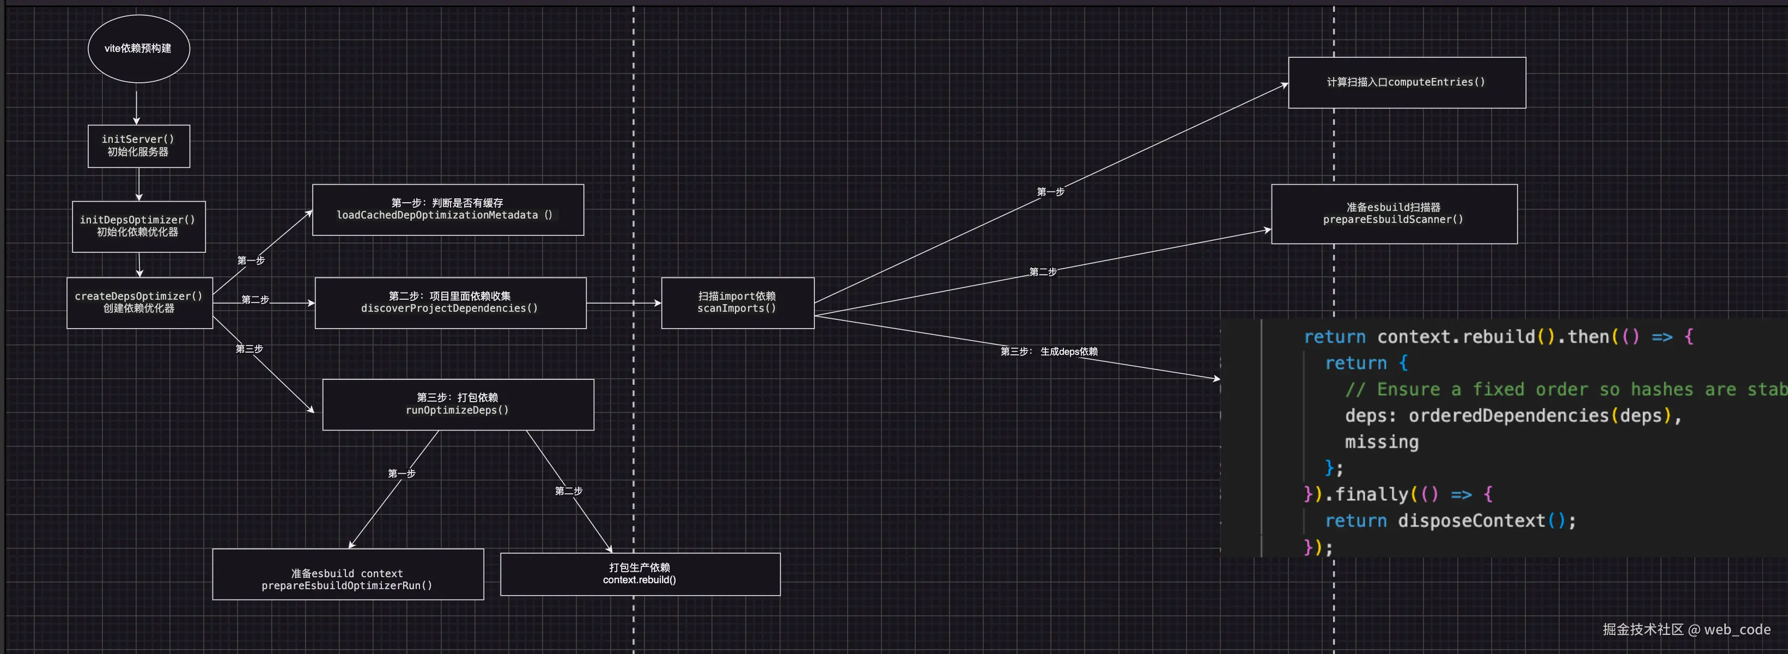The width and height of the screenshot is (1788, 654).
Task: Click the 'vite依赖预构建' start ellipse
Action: click(139, 49)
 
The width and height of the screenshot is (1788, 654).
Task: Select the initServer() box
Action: click(139, 146)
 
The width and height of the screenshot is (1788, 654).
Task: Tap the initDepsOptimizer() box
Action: click(139, 226)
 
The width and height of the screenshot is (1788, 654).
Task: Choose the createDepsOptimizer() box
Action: click(139, 302)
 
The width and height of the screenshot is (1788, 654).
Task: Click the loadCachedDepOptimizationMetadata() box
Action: click(448, 210)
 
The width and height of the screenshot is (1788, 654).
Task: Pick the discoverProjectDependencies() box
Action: click(451, 302)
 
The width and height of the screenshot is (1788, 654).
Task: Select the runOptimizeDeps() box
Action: click(458, 404)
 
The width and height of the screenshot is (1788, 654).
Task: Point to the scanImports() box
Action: click(737, 302)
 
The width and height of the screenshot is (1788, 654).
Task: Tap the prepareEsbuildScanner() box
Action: click(1394, 214)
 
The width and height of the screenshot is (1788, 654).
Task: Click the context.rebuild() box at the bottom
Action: click(640, 574)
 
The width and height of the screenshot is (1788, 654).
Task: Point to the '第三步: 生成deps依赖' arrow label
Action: click(1049, 352)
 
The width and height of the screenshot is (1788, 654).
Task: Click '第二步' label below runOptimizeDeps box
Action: click(568, 491)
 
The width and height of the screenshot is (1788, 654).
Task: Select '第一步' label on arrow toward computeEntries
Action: click(1050, 192)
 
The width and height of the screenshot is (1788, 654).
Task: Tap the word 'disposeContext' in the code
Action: click(1471, 520)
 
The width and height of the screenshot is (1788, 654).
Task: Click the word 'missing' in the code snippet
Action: click(1381, 442)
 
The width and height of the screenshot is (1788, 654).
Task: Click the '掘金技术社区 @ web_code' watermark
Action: click(1686, 629)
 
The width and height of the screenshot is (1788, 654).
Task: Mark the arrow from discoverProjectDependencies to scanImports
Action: click(623, 302)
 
